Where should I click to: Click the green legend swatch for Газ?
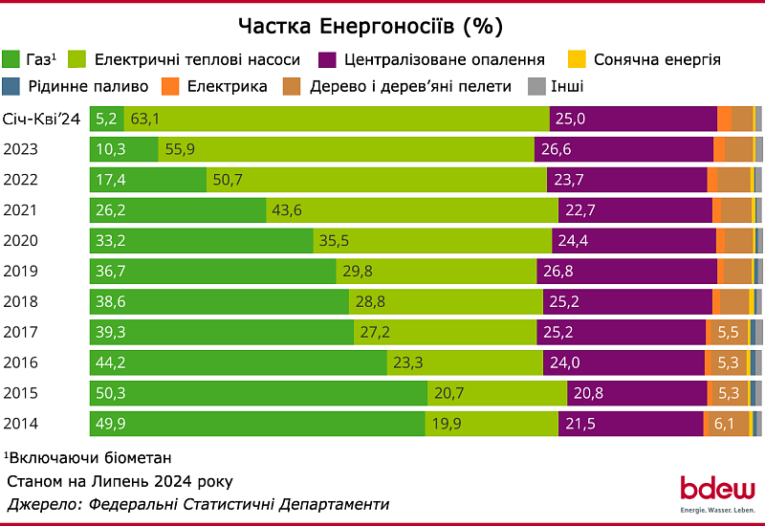[x=14, y=59]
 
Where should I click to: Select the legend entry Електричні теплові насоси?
[x=197, y=59]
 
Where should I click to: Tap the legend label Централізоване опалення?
[x=445, y=59]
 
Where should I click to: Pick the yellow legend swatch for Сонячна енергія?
[x=579, y=59]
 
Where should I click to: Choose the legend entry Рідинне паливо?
[x=80, y=87]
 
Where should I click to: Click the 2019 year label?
[x=21, y=272]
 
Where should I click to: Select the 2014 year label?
[x=21, y=424]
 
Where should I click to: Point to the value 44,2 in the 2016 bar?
[x=111, y=362]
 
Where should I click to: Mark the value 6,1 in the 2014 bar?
[x=725, y=424]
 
